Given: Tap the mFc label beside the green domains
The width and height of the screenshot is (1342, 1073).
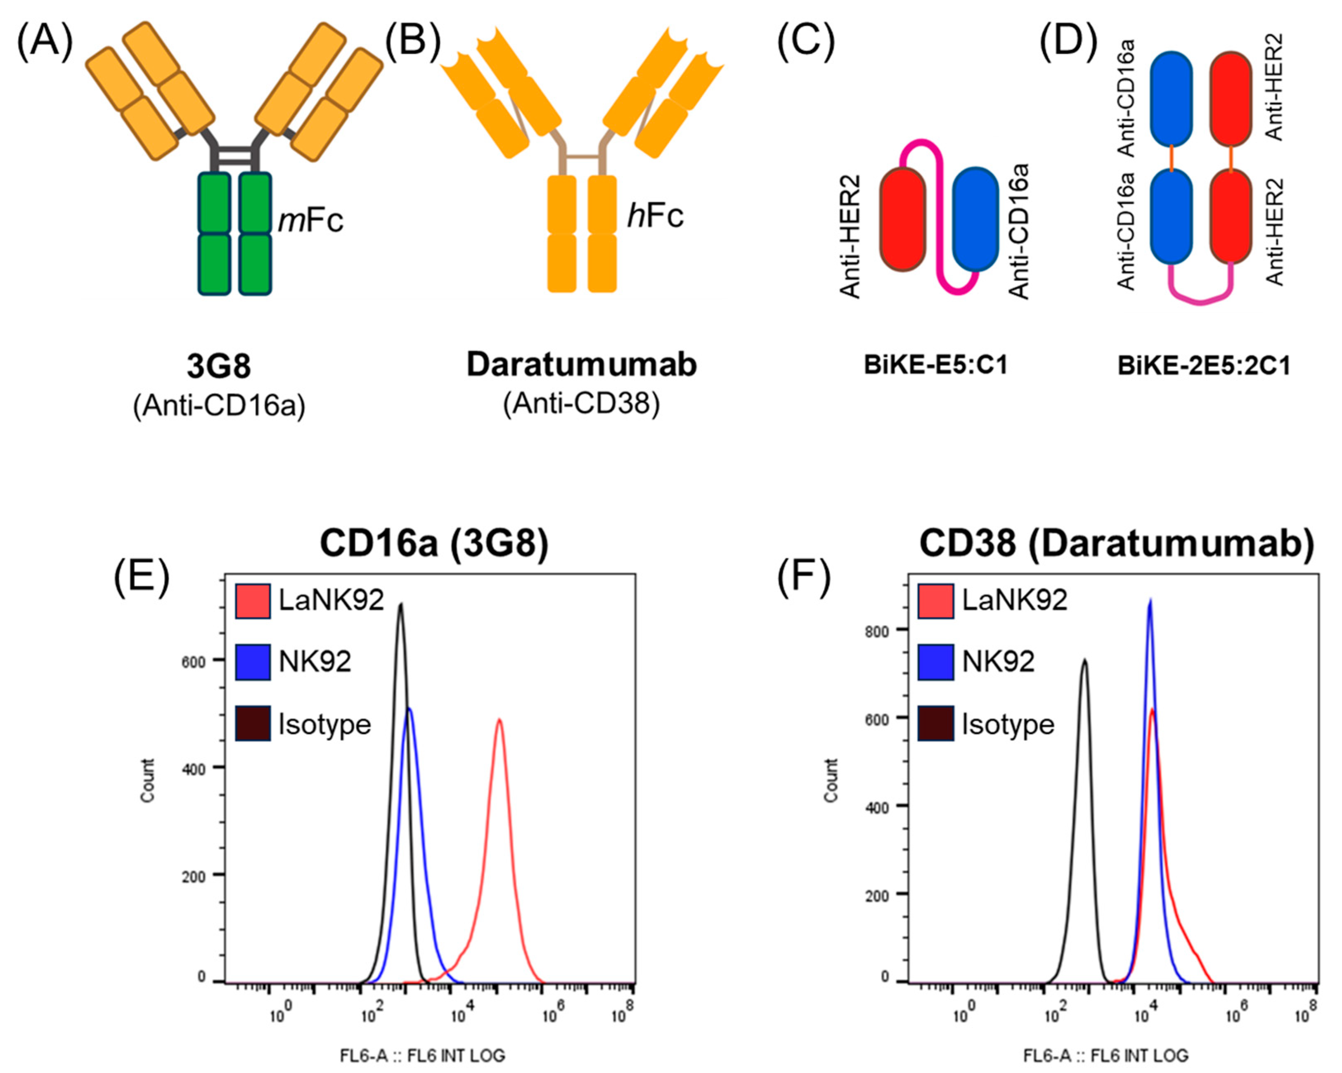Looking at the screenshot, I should point(310,220).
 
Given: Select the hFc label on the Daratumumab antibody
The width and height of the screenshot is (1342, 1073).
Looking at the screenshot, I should point(655,215).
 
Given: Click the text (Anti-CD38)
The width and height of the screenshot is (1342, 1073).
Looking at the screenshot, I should point(581,404).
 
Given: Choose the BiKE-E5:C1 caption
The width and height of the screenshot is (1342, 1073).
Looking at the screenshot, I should point(935,365).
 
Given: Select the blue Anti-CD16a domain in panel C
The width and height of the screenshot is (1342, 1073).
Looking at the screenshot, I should point(975,219).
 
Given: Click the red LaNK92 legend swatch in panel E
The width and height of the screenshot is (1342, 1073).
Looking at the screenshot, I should point(253,600).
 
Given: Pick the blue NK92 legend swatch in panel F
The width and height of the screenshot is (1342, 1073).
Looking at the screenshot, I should point(935,662).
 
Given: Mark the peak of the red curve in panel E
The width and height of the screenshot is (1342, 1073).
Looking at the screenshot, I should point(499,720).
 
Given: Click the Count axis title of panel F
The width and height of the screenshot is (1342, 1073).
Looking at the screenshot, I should point(831,780).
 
